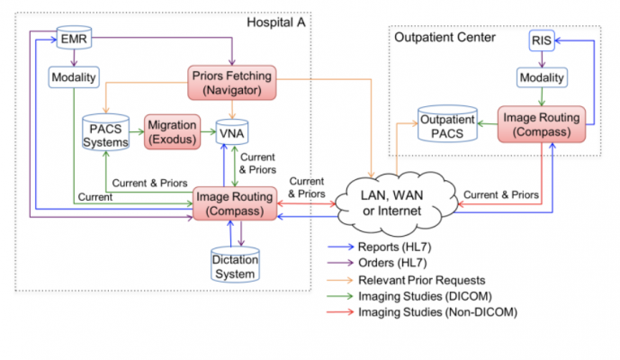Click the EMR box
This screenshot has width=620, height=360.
(73, 39)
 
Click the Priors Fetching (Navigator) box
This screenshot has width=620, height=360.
(231, 81)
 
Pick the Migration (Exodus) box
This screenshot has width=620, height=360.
(173, 132)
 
